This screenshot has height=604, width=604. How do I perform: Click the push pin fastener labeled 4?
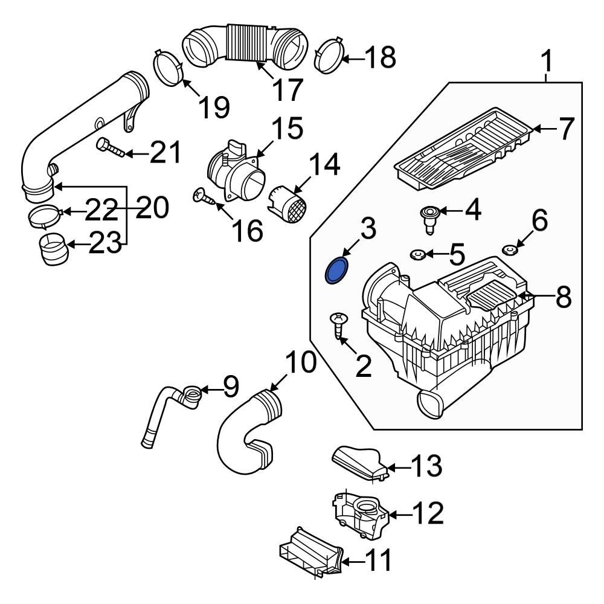(x=429, y=218)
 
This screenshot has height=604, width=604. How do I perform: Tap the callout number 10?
(x=300, y=364)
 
